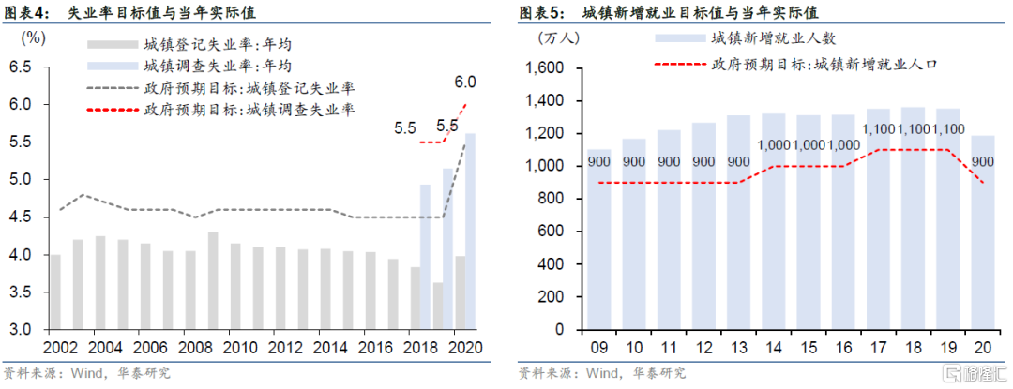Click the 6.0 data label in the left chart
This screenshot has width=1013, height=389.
(x=465, y=82)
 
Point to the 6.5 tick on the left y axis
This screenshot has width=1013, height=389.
(x=21, y=67)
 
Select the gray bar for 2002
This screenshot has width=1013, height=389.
(x=55, y=292)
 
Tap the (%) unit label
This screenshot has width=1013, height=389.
(x=33, y=38)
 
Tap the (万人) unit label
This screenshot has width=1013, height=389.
(x=559, y=38)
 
